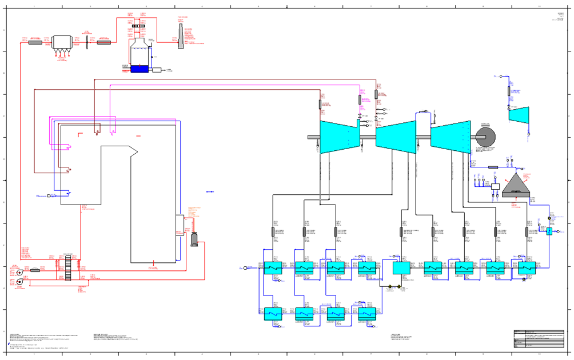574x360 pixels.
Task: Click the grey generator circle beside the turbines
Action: coord(485,137)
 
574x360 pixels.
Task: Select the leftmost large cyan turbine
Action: coord(339,137)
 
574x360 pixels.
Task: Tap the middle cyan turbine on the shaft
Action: coord(396,137)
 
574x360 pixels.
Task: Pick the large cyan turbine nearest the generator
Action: coord(451,137)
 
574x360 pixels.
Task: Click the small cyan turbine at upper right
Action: coord(519,115)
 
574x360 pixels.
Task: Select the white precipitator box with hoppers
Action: coord(62,42)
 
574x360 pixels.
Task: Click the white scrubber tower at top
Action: coord(139,53)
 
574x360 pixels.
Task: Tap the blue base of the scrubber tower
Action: coord(139,69)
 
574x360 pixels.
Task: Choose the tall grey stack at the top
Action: coord(181,35)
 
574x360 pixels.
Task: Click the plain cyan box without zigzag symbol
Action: coord(401,267)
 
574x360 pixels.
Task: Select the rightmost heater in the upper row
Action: coord(527,267)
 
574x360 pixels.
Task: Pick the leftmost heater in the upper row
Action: coord(273,267)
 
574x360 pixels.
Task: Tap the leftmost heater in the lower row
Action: coord(273,314)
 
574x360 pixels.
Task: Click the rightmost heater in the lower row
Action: coord(367,314)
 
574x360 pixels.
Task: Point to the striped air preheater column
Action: coord(68,268)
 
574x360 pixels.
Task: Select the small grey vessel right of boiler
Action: coord(194,239)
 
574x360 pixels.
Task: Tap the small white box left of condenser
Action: coord(495,187)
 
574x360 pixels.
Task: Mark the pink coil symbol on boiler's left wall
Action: coord(67,147)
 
